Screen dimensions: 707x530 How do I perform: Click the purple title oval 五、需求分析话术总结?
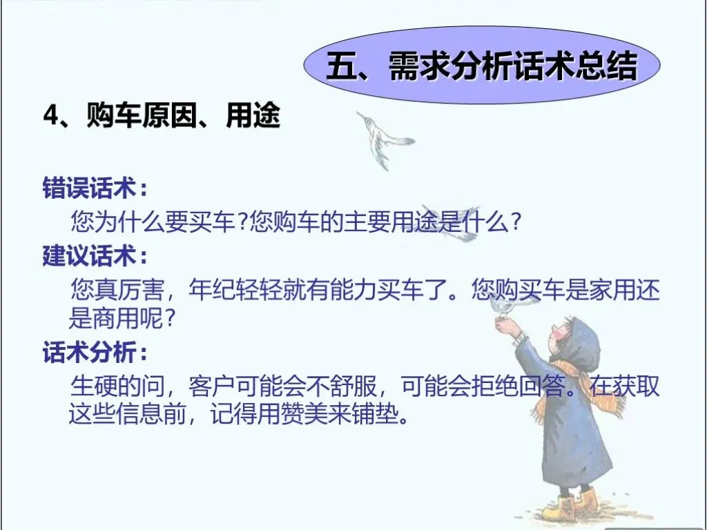tap(481, 65)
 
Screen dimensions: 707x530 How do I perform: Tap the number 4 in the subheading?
tap(51, 116)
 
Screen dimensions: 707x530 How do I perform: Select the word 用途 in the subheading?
tap(253, 116)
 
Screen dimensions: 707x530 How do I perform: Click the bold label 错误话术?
tap(95, 187)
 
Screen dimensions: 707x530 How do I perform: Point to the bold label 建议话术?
tap(95, 255)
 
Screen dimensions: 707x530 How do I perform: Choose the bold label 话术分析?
tap(95, 351)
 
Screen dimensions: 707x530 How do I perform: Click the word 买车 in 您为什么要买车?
tap(212, 221)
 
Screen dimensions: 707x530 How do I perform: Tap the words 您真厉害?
tap(117, 289)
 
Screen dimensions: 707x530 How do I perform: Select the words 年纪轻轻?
tap(235, 289)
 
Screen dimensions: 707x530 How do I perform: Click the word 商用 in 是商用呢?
tap(116, 319)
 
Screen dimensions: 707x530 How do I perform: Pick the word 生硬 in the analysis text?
tap(94, 385)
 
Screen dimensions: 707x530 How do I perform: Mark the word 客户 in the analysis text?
tap(212, 385)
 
